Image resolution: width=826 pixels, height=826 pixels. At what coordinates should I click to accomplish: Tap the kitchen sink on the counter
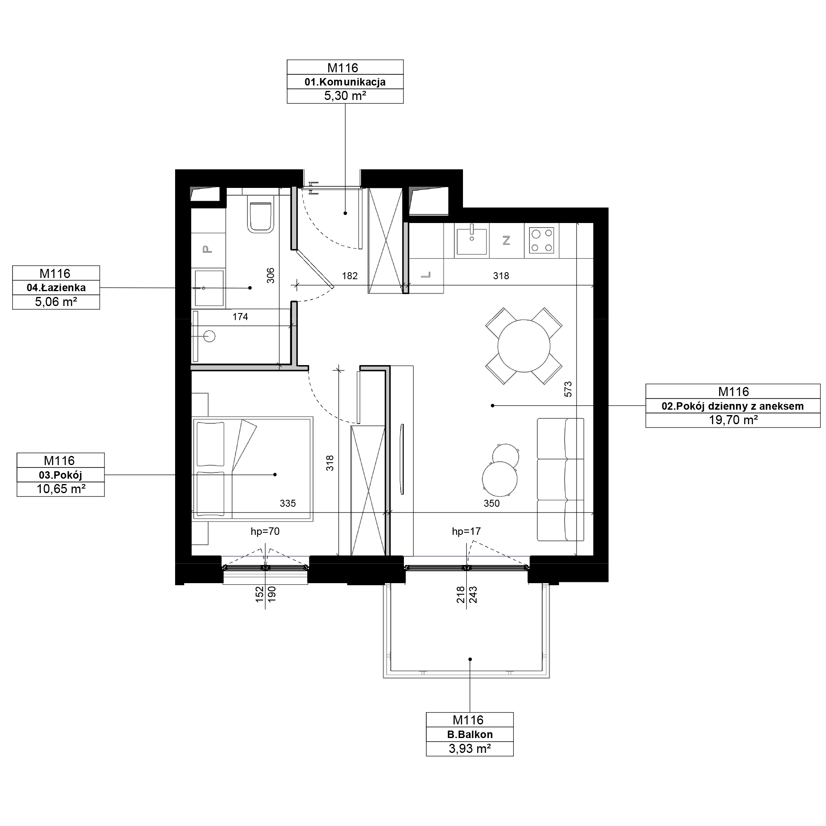point(472,241)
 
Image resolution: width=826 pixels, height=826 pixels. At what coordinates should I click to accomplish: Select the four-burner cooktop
point(541,240)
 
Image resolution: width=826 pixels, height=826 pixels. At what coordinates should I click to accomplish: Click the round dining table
point(524,346)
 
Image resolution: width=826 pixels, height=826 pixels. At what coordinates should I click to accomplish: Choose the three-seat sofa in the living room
point(560,479)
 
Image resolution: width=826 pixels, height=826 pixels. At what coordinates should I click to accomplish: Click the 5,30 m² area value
point(344,96)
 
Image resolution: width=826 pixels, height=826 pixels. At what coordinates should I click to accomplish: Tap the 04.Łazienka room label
point(56,288)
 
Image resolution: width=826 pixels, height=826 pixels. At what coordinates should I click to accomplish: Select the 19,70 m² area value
point(733,420)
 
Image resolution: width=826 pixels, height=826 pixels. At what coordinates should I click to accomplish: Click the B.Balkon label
point(470,734)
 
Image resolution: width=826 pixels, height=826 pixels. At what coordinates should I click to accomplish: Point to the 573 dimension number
point(568,389)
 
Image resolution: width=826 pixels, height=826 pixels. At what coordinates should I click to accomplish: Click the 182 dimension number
point(350,276)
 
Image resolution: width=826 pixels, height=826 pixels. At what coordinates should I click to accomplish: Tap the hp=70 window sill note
point(265,531)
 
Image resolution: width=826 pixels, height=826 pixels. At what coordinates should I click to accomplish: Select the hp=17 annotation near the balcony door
point(466,531)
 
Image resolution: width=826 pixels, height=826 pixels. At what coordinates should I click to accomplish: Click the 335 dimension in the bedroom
point(288,503)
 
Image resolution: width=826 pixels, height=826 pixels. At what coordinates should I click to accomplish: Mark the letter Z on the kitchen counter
point(507,241)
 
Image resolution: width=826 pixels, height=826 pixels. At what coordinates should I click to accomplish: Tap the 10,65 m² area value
point(61,489)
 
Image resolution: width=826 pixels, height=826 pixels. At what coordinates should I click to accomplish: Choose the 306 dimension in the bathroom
point(270,275)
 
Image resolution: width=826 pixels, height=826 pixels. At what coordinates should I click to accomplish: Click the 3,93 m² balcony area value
point(470,749)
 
